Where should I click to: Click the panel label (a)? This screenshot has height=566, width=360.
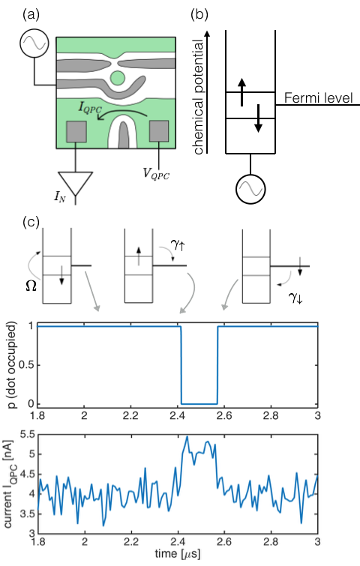pos(31,15)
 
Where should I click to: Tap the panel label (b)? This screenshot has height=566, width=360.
pos(199,15)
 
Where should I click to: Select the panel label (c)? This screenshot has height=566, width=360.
pos(31,222)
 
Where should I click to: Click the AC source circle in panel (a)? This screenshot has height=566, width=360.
pos(34,43)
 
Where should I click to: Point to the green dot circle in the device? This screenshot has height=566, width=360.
pos(117,77)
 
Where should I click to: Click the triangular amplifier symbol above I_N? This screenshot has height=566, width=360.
pos(76,184)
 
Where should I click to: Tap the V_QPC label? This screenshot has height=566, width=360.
pos(156,174)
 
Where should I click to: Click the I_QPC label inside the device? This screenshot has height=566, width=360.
pos(91,108)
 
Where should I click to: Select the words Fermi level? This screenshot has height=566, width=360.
pos(318,97)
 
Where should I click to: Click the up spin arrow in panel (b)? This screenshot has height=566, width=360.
pos(242,92)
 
